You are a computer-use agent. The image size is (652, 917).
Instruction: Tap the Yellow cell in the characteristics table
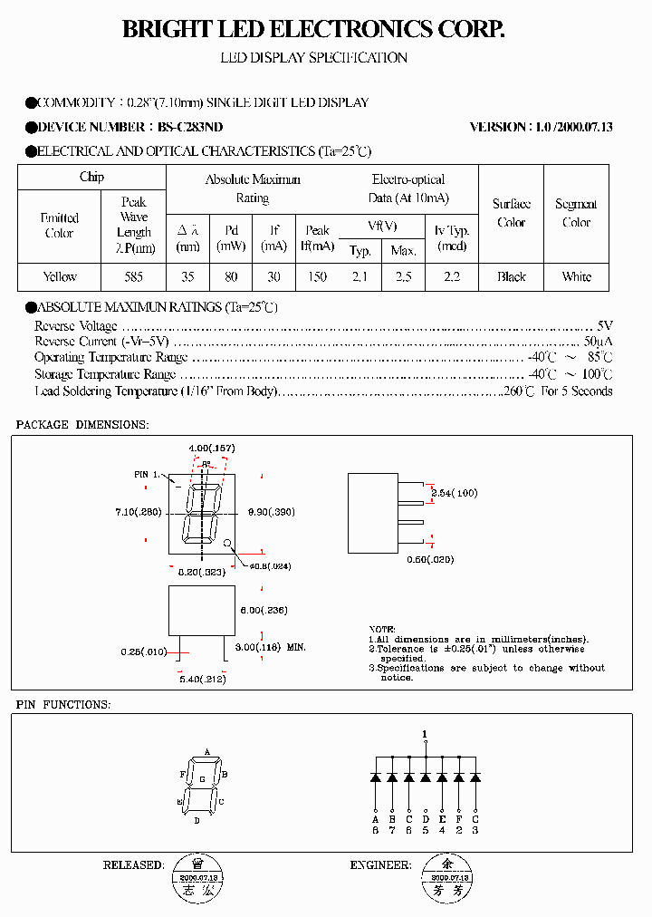click(60, 276)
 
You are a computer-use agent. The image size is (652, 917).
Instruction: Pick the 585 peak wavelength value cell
click(134, 276)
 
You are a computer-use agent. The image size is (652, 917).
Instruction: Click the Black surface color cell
click(512, 276)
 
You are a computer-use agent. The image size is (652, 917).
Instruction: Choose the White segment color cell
click(576, 276)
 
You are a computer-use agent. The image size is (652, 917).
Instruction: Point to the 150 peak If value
click(317, 276)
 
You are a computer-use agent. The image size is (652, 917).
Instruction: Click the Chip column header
click(91, 177)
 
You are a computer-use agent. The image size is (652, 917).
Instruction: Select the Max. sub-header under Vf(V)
click(403, 251)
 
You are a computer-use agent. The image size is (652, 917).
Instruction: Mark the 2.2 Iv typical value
click(452, 276)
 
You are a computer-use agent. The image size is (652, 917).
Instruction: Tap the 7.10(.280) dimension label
click(138, 512)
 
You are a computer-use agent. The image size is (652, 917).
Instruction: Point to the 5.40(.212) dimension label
click(201, 679)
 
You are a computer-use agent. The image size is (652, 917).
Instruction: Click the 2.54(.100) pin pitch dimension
click(455, 493)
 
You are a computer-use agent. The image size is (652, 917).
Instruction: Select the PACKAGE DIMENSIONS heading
click(82, 425)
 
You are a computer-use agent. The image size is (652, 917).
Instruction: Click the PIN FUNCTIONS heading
click(63, 704)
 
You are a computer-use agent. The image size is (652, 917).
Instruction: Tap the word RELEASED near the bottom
click(133, 865)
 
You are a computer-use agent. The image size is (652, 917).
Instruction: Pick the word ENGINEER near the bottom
click(380, 865)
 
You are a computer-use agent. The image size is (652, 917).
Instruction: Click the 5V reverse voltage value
click(605, 325)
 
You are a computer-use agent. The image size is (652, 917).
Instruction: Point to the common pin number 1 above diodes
click(425, 734)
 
